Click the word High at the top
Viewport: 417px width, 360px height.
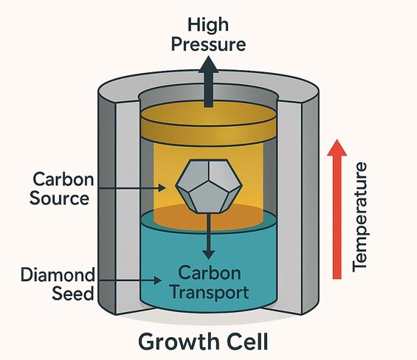[x=207, y=26]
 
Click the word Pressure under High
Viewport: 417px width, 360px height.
[x=207, y=44]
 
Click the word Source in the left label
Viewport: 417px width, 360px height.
[x=62, y=198]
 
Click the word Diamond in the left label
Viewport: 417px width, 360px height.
[x=58, y=275]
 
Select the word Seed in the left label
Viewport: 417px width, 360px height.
[x=73, y=293]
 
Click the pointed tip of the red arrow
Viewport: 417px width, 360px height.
[x=337, y=142]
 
